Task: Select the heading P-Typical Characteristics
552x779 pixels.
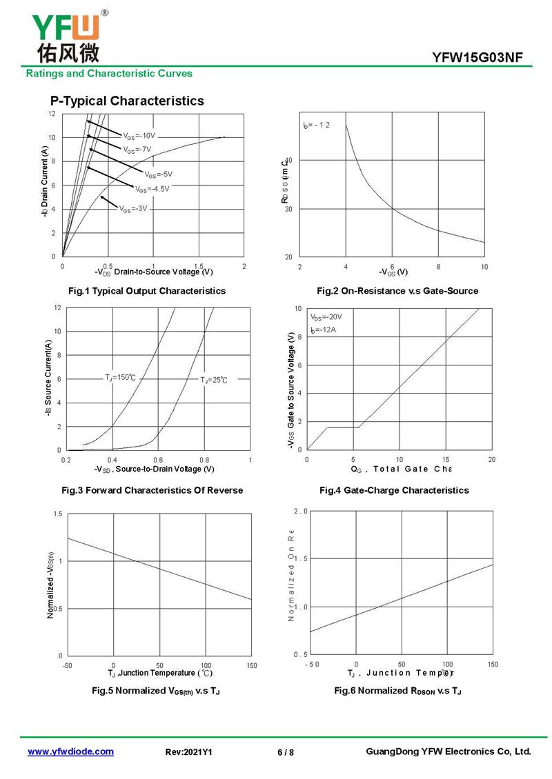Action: (127, 101)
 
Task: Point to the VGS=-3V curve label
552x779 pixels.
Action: (133, 208)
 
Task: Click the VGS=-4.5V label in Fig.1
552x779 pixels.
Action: (152, 189)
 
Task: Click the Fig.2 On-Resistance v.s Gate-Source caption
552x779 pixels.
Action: (397, 291)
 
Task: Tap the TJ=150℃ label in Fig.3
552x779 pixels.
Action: (120, 377)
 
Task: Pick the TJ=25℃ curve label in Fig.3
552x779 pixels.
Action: (213, 380)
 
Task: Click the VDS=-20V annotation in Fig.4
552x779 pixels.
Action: (326, 317)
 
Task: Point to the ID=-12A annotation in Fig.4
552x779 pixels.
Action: (322, 331)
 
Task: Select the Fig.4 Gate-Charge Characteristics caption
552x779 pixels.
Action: (394, 490)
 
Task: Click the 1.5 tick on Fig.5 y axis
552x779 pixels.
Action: (58, 514)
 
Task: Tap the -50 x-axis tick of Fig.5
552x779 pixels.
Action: (67, 665)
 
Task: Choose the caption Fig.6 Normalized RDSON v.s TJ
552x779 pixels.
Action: (397, 690)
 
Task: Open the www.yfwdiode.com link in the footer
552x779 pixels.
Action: (70, 751)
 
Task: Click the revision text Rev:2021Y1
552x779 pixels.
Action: (189, 752)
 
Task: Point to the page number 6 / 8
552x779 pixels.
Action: (285, 752)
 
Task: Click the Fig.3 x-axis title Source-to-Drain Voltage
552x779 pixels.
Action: (155, 469)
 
